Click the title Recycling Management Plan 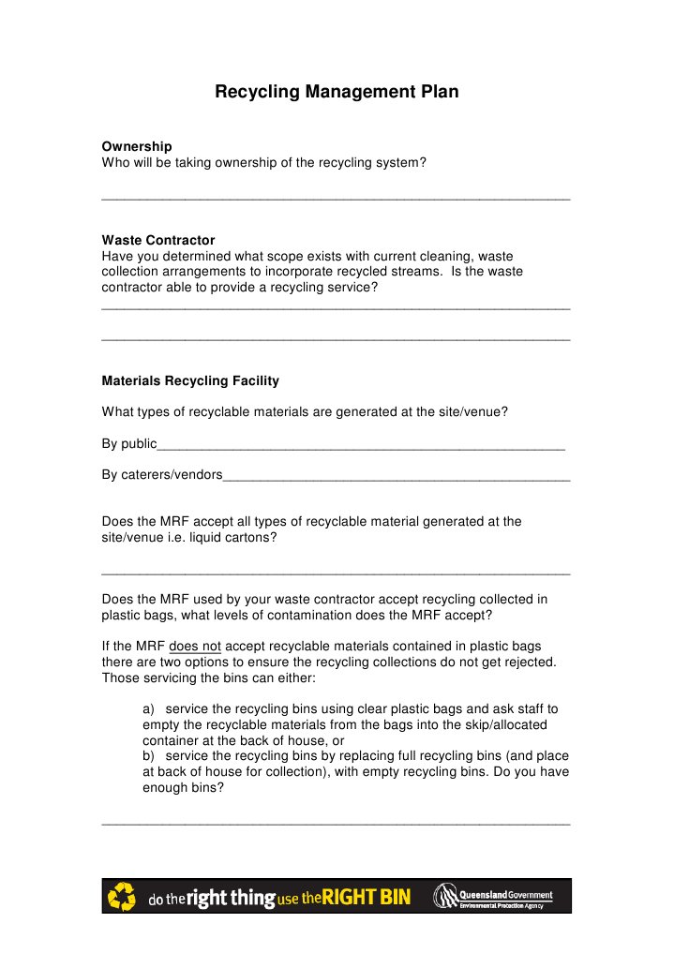click(337, 92)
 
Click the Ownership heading click(136, 146)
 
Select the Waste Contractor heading click(157, 240)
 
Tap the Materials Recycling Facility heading click(189, 380)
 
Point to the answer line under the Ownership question click(335, 199)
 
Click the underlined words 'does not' click(195, 646)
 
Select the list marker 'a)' click(149, 708)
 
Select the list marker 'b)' click(149, 756)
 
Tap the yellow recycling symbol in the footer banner click(123, 897)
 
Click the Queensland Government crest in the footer click(443, 897)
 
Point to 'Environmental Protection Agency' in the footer click(502, 906)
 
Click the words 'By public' click(128, 443)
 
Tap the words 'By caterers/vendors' click(161, 474)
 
